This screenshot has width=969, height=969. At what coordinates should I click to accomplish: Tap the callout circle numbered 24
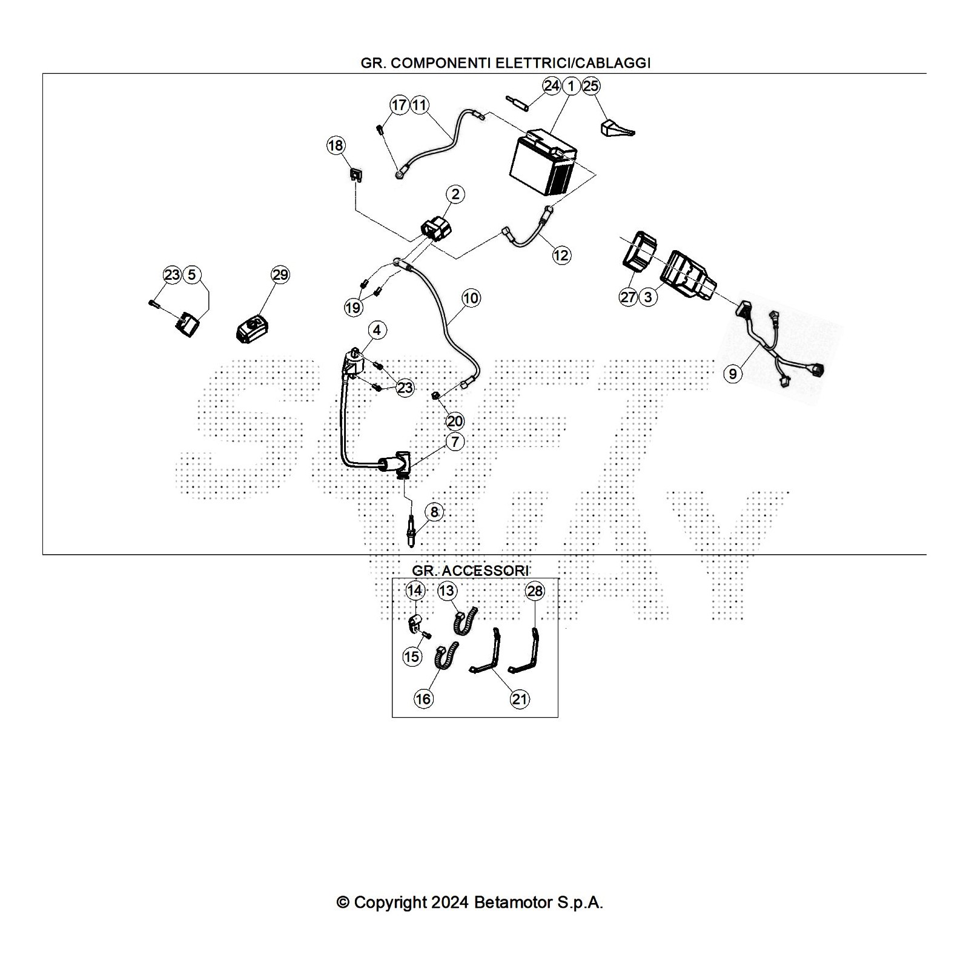[x=551, y=86]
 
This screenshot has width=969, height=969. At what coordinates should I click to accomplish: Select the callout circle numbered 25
[x=590, y=86]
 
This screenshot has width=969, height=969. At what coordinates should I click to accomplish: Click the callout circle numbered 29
[x=280, y=275]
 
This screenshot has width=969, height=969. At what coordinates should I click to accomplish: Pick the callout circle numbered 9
[x=733, y=374]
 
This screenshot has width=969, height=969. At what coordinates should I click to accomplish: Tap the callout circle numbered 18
[x=336, y=145]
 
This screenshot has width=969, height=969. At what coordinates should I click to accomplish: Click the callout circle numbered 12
[x=561, y=255]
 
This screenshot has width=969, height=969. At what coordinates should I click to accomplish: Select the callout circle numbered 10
[x=471, y=297]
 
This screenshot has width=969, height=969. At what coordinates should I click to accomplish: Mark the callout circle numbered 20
[x=454, y=421]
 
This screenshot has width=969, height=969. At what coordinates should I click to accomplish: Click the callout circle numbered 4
[x=377, y=330]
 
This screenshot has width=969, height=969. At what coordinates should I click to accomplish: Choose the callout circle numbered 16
[x=423, y=699]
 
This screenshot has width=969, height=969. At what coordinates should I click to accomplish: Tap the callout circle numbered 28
[x=535, y=590]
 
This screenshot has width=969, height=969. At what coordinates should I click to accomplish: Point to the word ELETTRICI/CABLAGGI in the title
[x=573, y=63]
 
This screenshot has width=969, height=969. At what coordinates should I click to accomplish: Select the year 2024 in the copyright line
[x=449, y=903]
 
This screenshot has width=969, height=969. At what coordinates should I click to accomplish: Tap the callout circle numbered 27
[x=629, y=297]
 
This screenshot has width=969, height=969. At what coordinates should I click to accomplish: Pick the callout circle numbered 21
[x=520, y=699]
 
